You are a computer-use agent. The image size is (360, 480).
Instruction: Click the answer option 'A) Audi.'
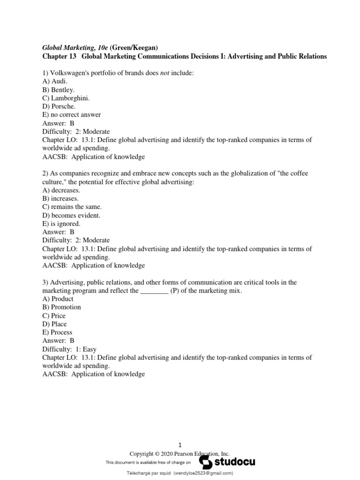click(55, 81)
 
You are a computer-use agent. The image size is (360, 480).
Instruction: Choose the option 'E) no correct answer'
click(71, 115)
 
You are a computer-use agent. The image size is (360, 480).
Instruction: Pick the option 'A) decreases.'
click(61, 190)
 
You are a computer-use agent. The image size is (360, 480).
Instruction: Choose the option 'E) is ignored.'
click(61, 224)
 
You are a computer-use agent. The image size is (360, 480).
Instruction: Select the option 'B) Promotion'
click(61, 307)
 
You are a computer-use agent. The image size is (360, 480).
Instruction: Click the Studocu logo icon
click(207, 462)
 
